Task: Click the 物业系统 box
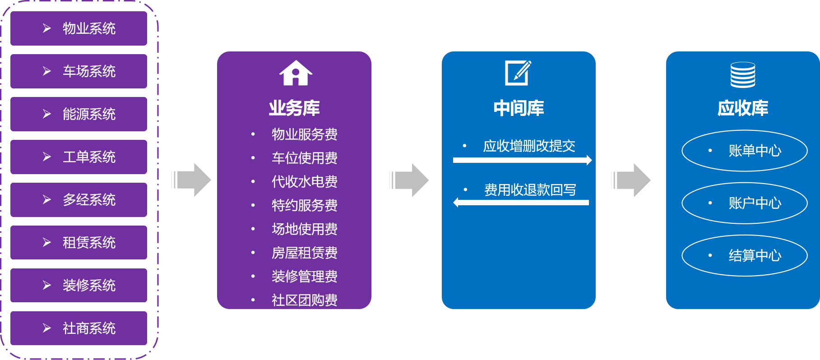click(x=79, y=28)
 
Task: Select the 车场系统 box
click(x=79, y=71)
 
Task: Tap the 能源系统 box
click(x=79, y=114)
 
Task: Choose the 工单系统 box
click(x=79, y=157)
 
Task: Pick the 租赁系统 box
click(x=79, y=242)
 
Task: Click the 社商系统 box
click(x=79, y=328)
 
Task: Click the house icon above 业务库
click(x=296, y=73)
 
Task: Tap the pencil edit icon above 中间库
click(x=518, y=73)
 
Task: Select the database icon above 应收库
click(x=743, y=75)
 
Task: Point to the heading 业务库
click(x=294, y=108)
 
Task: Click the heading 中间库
click(x=519, y=108)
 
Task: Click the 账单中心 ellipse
click(x=745, y=151)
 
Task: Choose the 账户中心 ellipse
click(x=745, y=203)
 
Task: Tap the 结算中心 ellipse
click(x=745, y=255)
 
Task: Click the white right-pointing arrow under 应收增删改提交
click(x=523, y=160)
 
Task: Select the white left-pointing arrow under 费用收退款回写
click(x=521, y=203)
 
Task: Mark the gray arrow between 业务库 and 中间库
click(x=409, y=180)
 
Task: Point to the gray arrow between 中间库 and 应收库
click(x=631, y=180)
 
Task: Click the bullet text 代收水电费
click(x=305, y=182)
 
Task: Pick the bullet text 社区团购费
click(x=305, y=300)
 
